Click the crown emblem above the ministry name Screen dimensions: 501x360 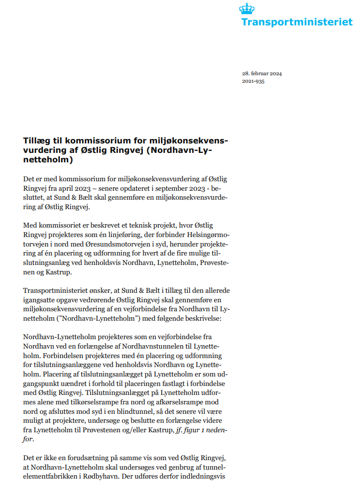(x=247, y=9)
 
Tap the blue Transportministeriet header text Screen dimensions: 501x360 (x=297, y=22)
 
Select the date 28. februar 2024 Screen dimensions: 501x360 (x=262, y=74)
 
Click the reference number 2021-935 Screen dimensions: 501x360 (x=253, y=81)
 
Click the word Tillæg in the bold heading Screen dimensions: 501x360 (x=38, y=141)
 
